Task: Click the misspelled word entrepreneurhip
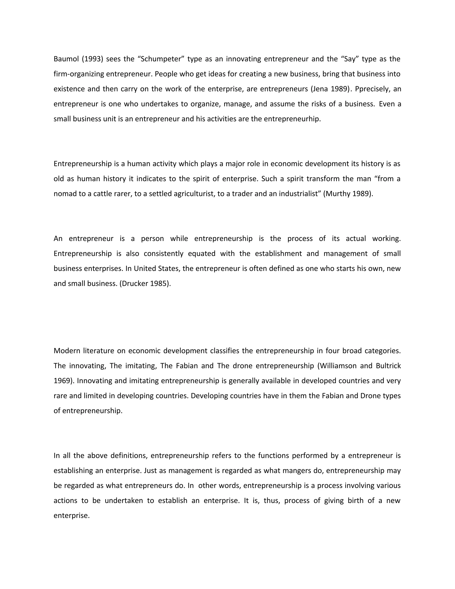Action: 292,119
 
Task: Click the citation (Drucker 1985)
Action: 145,283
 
